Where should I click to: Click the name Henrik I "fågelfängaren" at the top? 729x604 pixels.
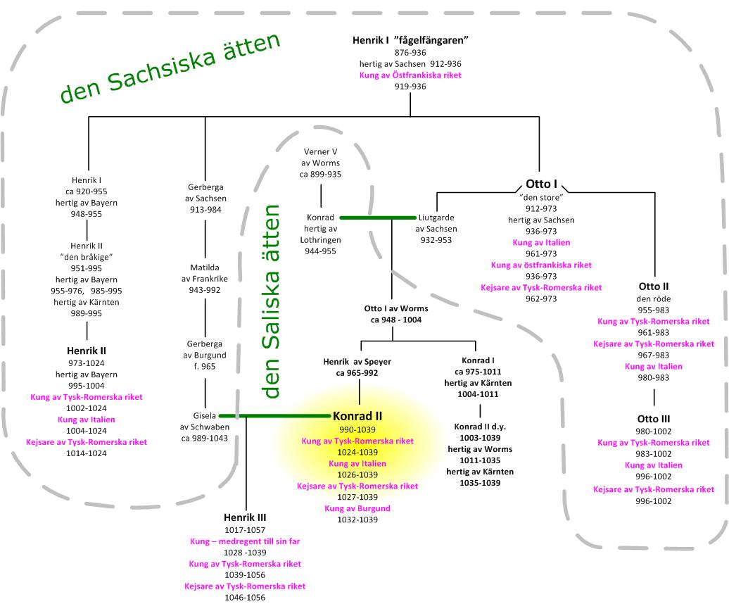point(410,40)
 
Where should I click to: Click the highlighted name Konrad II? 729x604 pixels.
point(357,415)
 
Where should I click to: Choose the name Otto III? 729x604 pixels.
point(654,419)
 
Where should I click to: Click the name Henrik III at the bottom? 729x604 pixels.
point(245,517)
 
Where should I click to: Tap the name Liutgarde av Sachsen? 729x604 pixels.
point(436,217)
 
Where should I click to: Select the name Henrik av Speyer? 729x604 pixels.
point(357,362)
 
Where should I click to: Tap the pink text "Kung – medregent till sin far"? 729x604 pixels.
point(244,541)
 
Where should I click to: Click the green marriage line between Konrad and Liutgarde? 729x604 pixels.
point(377,218)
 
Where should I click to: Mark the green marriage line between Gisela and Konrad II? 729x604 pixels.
point(274,416)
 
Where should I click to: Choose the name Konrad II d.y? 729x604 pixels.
point(481,427)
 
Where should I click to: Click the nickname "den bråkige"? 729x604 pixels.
point(88,256)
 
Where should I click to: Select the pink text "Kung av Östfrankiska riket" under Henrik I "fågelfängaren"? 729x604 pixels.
point(410,75)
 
